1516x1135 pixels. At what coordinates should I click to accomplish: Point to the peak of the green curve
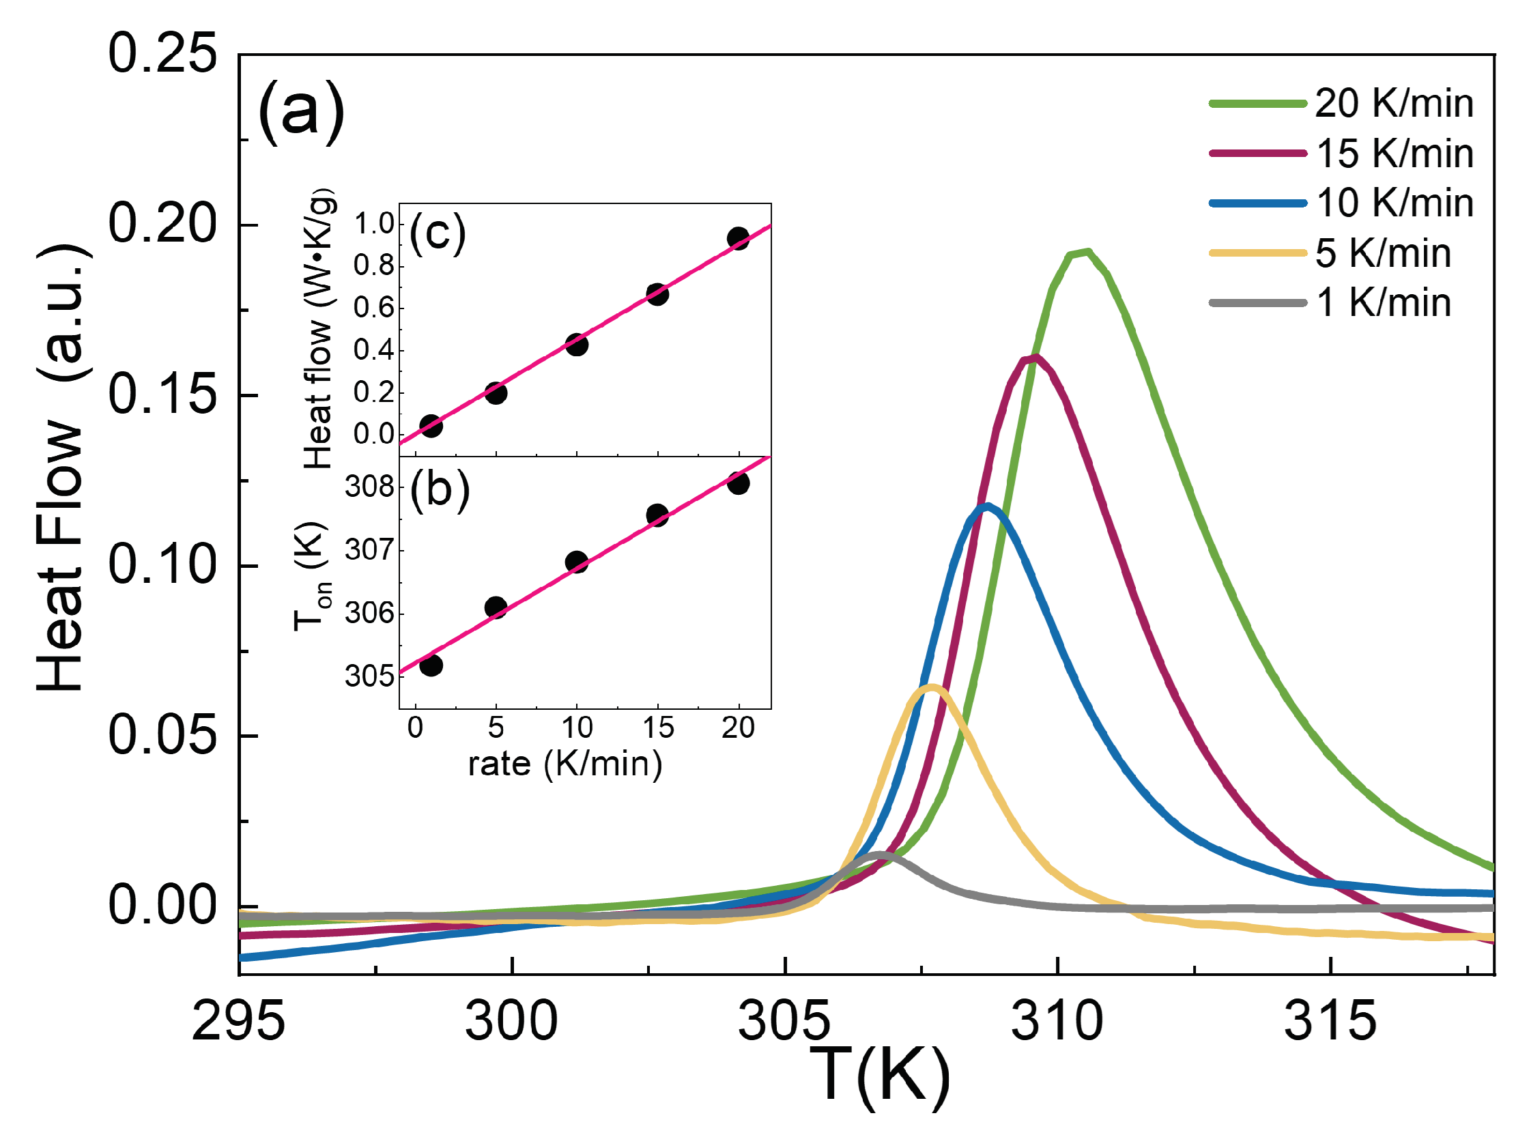1085,253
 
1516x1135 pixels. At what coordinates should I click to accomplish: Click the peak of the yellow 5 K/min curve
932,687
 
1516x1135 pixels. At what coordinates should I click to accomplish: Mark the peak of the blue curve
988,507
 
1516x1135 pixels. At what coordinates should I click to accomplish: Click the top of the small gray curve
879,854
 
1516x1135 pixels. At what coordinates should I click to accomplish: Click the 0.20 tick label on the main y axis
162,224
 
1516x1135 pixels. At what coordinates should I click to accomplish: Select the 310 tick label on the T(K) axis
1057,1021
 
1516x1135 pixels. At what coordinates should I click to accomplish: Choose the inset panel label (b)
440,490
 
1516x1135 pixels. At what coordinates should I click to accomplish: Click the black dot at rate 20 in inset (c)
738,238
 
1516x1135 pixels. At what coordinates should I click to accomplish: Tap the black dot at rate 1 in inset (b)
431,665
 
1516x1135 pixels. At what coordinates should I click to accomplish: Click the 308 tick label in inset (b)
369,487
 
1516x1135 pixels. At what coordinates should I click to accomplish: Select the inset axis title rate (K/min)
564,763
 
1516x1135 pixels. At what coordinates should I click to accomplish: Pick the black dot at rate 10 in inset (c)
577,344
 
